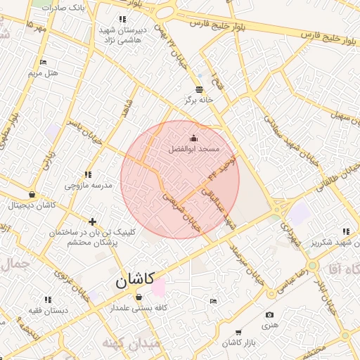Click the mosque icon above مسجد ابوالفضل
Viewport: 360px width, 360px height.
[195, 139]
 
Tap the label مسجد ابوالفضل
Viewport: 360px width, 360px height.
[195, 150]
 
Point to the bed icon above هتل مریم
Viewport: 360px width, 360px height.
[44, 63]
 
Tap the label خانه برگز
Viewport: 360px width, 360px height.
[199, 101]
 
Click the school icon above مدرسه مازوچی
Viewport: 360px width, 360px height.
[88, 174]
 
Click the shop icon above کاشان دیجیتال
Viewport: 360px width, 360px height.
[32, 195]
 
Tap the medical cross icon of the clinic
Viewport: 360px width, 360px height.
[92, 221]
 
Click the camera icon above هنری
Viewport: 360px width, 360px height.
[270, 315]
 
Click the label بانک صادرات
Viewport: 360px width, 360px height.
[63, 6]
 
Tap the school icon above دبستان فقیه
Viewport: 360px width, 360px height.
[48, 300]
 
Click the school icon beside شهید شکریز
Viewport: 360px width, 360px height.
[345, 231]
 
